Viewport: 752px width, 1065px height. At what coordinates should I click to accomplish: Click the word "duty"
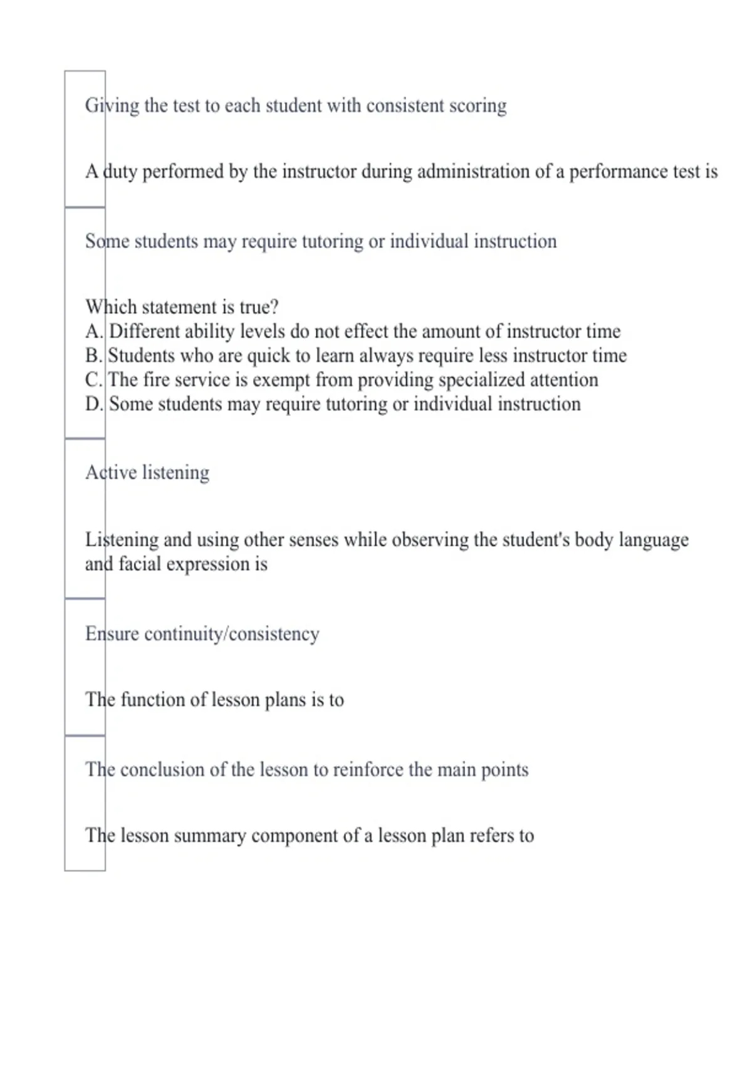[120, 172]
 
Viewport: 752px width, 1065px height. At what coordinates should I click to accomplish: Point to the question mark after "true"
[273, 307]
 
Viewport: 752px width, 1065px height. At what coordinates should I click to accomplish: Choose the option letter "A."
[94, 331]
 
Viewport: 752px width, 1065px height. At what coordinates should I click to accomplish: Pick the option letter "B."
[94, 355]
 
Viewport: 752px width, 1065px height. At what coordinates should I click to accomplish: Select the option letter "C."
[94, 380]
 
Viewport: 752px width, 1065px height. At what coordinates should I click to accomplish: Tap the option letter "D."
[94, 404]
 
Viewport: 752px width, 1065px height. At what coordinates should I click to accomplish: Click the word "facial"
[140, 564]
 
